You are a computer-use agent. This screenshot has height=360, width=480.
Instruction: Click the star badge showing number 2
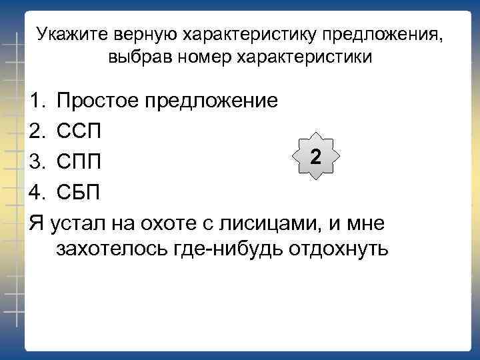(316, 157)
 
